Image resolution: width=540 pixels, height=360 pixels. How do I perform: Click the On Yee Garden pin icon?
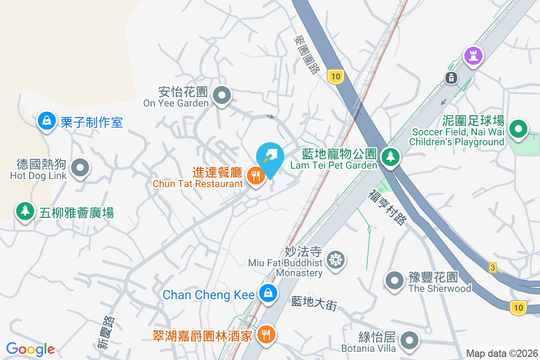pos(221,95)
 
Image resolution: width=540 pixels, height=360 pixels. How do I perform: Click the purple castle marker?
pos(473,56)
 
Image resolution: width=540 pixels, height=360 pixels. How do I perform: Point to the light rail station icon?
pos(450,77)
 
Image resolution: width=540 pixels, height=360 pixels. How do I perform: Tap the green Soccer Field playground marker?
pos(518,130)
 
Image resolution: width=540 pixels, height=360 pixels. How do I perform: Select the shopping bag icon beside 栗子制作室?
pos(46,121)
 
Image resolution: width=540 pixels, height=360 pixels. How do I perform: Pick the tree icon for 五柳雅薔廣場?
pos(25,211)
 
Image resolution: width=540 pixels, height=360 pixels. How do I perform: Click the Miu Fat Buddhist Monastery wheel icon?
pos(336,260)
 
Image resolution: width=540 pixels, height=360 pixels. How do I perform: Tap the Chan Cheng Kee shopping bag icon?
pos(268,293)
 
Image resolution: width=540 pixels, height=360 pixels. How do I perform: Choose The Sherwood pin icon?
pos(395,280)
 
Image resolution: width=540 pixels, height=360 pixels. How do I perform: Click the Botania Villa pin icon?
pos(409,341)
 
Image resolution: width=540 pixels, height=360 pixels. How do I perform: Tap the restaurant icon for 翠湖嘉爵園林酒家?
pos(266,334)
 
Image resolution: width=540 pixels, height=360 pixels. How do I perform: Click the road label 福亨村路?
pos(387,207)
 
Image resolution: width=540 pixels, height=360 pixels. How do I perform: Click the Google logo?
pos(30,349)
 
